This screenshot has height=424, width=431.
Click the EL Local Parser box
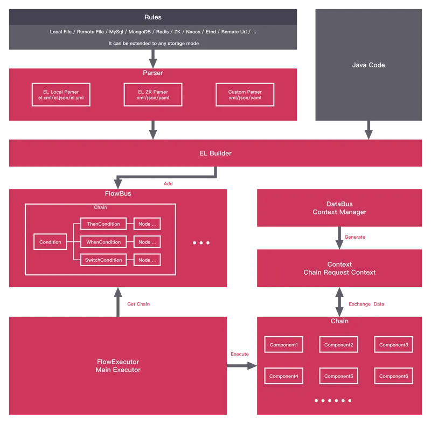[61, 94]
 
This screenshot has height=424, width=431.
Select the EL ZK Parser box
[153, 94]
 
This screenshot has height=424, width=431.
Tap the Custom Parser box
[245, 94]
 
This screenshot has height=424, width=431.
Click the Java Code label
[369, 65]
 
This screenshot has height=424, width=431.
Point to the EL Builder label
[215, 154]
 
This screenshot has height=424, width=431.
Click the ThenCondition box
[103, 224]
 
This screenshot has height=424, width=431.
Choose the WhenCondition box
[103, 242]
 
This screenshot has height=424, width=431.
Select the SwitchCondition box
[103, 260]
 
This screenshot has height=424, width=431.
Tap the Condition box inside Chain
[50, 242]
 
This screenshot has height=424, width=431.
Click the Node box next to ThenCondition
[147, 224]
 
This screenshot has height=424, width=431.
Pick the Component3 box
[394, 345]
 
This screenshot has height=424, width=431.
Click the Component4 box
[284, 376]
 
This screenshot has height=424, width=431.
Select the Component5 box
[339, 376]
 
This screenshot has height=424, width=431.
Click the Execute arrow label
[240, 354]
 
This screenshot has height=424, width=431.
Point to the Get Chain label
[138, 304]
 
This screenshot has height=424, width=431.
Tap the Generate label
[355, 237]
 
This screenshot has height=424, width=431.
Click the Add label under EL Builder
[168, 184]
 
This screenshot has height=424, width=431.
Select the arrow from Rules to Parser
[153, 59]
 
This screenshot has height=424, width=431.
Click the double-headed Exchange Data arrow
[339, 302]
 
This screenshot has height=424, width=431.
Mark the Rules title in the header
[153, 17]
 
